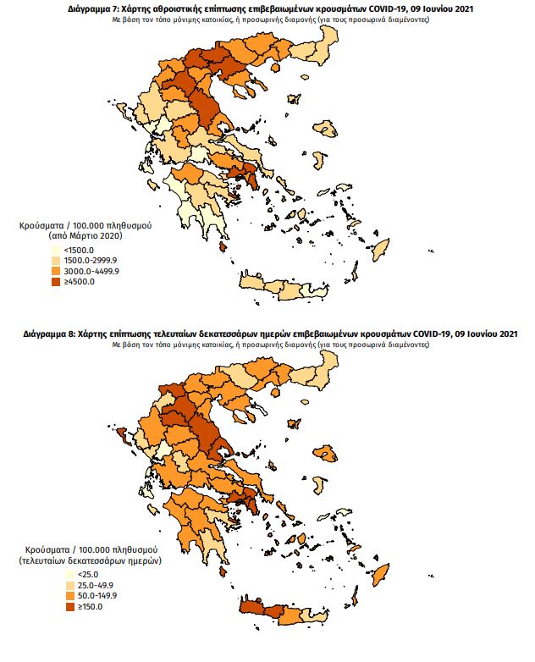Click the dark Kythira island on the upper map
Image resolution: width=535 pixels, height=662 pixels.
223,247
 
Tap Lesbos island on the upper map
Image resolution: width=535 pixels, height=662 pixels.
326,130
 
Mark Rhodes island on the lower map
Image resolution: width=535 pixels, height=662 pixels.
380,574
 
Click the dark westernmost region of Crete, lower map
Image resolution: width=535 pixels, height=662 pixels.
251,608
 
